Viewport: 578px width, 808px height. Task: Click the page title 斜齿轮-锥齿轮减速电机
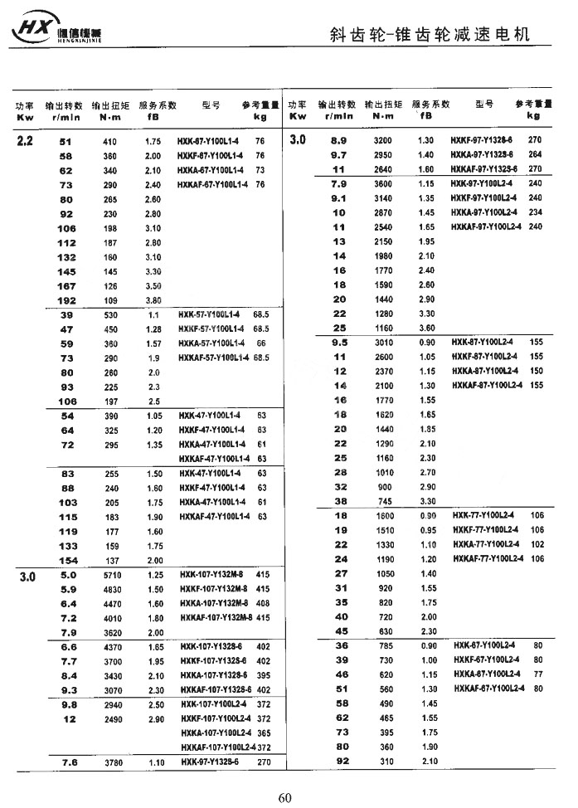(x=428, y=33)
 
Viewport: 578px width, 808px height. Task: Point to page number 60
(x=284, y=798)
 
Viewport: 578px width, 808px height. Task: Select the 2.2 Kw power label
(x=24, y=142)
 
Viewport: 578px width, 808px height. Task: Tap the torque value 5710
(x=111, y=575)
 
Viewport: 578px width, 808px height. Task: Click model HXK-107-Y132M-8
(x=213, y=575)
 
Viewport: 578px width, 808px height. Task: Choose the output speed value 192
(x=67, y=299)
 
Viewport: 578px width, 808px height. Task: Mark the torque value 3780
(x=111, y=762)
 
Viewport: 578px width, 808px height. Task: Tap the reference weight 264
(x=535, y=155)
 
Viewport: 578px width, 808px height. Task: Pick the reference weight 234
(x=535, y=212)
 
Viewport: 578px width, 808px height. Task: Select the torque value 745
(x=382, y=501)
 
